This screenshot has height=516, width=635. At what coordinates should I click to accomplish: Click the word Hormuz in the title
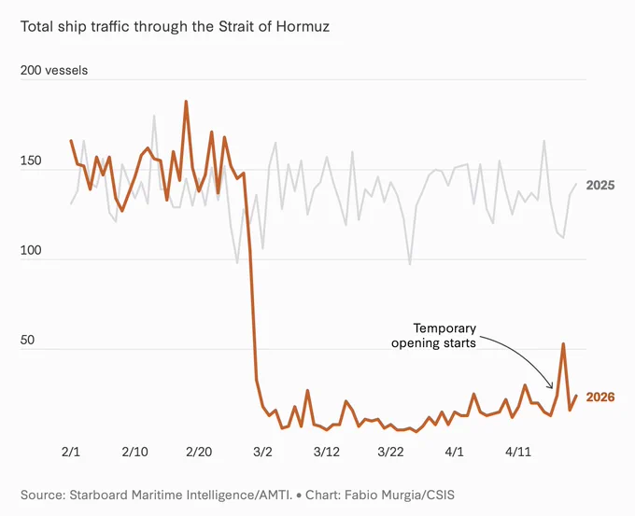[303, 27]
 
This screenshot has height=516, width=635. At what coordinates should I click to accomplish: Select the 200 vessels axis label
[54, 70]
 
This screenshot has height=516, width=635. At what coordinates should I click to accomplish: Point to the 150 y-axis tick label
[31, 160]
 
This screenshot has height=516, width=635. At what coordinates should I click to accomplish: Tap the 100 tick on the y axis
[31, 250]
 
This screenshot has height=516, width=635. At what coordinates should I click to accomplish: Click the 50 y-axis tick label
[27, 340]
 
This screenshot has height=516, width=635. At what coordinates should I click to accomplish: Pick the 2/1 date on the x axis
[71, 452]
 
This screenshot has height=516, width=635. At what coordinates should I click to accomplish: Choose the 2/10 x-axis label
[134, 452]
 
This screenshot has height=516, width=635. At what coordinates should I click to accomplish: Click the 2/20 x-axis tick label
[199, 452]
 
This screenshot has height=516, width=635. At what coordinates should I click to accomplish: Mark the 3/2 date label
[262, 452]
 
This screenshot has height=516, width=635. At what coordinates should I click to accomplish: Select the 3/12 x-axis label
[327, 452]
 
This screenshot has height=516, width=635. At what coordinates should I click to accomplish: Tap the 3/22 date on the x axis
[390, 452]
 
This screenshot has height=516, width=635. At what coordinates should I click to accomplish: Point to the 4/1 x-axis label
[455, 452]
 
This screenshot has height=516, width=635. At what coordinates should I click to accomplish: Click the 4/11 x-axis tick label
[518, 452]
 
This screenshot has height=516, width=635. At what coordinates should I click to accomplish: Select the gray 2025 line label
[600, 186]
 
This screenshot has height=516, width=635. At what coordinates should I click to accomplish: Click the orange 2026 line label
[600, 397]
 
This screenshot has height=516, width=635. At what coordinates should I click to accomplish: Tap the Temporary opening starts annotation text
[433, 336]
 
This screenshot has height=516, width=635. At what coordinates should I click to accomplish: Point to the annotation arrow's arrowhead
[551, 386]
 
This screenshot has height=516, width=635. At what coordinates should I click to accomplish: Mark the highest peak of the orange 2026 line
[186, 101]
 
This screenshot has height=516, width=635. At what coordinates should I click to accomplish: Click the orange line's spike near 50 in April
[563, 344]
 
